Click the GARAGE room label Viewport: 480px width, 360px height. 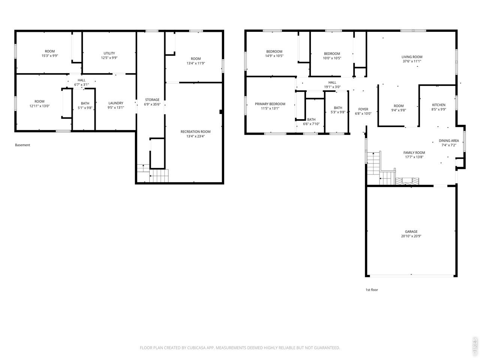[411, 231]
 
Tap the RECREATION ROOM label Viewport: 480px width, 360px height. [195, 132]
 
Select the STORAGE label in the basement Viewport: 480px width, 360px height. [152, 100]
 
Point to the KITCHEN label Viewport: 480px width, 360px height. [439, 105]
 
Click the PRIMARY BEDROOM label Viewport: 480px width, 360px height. [270, 104]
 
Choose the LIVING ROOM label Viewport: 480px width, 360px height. [412, 57]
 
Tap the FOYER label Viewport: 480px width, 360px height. [363, 109]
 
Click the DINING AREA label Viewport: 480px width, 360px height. [449, 141]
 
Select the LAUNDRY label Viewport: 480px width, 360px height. [115, 103]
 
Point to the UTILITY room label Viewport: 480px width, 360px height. [109, 53]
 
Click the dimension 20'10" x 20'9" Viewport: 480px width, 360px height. [411, 236]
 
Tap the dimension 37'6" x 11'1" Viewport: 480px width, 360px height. [412, 61]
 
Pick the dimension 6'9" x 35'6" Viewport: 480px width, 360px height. [152, 104]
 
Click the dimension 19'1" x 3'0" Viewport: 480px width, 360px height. [332, 87]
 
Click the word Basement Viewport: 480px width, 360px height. [22, 145]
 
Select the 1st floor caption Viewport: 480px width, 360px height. [372, 290]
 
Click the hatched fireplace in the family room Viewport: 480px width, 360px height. [407, 181]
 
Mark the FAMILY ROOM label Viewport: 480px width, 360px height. [414, 153]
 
